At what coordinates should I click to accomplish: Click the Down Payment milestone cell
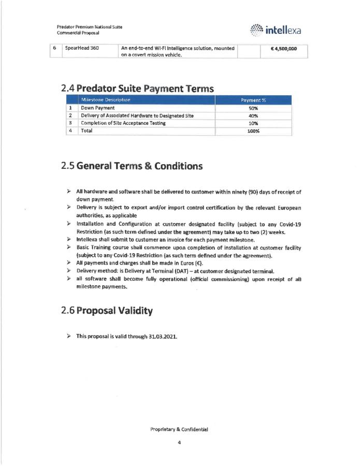click(x=97, y=108)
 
